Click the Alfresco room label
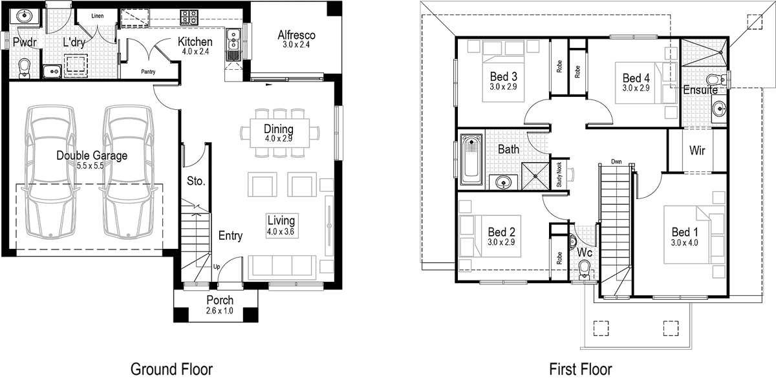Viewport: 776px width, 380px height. pos(297,35)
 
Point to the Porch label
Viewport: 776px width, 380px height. pos(220,301)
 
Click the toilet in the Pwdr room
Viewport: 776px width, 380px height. pos(25,67)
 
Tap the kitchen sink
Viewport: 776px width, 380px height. pos(233,45)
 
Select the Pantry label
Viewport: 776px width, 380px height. pos(147,72)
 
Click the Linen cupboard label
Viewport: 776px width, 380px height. pos(98,15)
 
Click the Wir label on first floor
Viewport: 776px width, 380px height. pos(697,151)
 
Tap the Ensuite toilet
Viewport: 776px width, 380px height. pos(715,79)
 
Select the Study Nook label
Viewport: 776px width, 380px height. pos(559,175)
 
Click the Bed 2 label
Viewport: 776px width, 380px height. pos(501,232)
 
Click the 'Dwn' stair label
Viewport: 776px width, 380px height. pos(616,162)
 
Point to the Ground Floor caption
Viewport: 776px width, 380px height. pos(171,369)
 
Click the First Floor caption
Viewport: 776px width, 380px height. pos(581,369)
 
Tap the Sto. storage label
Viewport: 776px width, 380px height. pos(196,182)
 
